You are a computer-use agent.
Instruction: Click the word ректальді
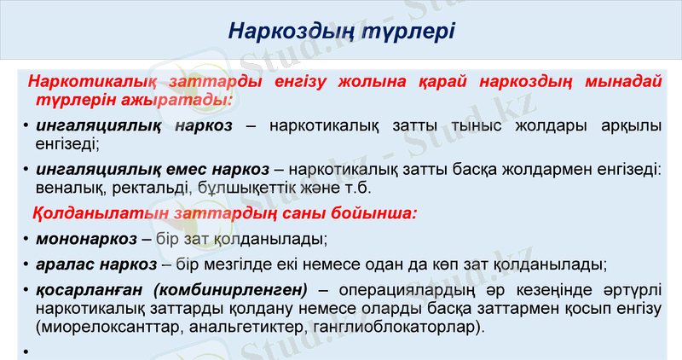(154, 187)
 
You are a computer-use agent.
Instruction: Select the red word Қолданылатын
(88, 212)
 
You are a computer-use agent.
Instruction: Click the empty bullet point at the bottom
(28, 351)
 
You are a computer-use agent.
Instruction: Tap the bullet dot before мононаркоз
(28, 239)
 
